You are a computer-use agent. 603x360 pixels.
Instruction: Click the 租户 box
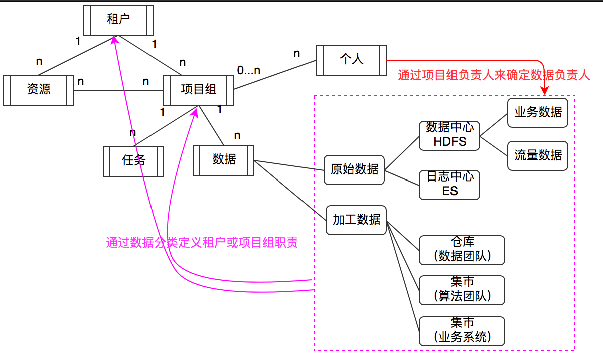click(x=118, y=20)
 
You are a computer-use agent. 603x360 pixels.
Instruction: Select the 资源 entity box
click(x=38, y=90)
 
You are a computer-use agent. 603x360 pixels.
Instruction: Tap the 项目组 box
click(x=199, y=90)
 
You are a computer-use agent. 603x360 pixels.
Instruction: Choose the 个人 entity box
click(x=351, y=60)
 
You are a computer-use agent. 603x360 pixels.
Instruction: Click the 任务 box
click(x=133, y=161)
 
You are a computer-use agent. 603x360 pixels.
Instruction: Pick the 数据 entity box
click(x=224, y=160)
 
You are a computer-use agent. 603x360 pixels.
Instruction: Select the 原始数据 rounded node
click(x=354, y=170)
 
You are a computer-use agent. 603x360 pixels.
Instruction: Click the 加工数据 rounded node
click(x=356, y=220)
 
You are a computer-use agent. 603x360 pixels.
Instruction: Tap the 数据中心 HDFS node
click(x=449, y=135)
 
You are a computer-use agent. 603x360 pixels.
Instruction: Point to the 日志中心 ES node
click(x=449, y=185)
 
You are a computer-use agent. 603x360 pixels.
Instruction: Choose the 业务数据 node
click(x=537, y=112)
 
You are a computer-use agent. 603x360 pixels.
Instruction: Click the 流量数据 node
click(x=537, y=156)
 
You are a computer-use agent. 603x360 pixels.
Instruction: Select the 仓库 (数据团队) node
click(x=462, y=250)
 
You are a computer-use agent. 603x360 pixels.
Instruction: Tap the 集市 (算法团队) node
click(x=462, y=290)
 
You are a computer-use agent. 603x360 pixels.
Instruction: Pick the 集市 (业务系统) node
click(x=462, y=331)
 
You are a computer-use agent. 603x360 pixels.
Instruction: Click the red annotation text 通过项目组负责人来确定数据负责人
click(x=494, y=76)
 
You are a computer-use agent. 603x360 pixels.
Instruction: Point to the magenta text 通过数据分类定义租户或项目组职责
click(x=202, y=243)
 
